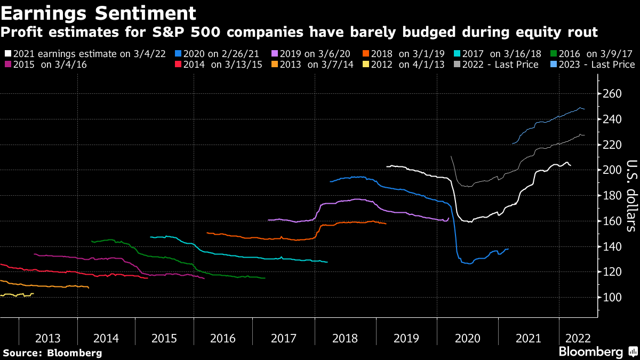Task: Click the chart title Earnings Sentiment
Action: [98, 12]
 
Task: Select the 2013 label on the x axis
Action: [47, 338]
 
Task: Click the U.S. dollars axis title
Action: [631, 196]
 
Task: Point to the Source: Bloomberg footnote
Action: [52, 353]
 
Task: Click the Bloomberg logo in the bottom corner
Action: [597, 351]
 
